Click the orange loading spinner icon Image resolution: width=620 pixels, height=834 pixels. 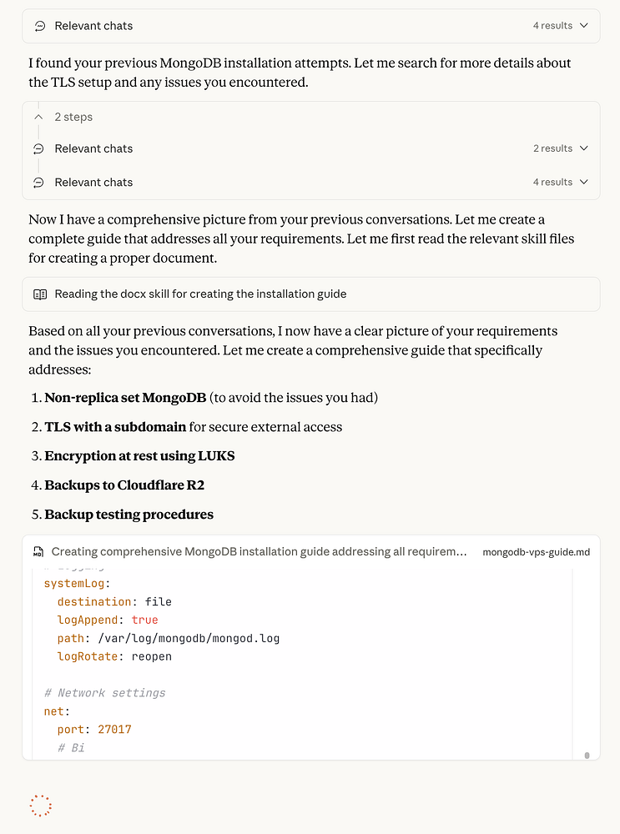click(x=40, y=805)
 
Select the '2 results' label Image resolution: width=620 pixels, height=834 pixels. click(x=552, y=148)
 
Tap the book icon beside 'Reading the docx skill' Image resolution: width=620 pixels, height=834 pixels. click(x=40, y=294)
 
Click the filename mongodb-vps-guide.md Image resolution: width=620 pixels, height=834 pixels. click(x=536, y=552)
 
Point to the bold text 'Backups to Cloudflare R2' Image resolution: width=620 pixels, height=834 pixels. click(x=124, y=485)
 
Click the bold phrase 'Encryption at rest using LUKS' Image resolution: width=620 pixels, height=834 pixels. click(x=139, y=456)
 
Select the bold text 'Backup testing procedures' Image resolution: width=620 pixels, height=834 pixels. click(x=129, y=515)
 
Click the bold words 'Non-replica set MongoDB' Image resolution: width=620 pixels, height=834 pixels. click(x=125, y=398)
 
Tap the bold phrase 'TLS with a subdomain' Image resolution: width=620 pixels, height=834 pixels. click(x=115, y=427)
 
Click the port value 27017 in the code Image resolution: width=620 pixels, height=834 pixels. click(x=114, y=730)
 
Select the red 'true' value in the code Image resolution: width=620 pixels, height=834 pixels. click(x=144, y=620)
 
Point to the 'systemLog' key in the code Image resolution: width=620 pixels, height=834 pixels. click(x=74, y=583)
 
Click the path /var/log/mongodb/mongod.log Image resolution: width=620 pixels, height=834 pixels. click(x=188, y=638)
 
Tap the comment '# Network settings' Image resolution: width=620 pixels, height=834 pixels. click(x=104, y=693)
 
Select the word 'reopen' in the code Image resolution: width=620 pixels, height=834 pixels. click(x=151, y=656)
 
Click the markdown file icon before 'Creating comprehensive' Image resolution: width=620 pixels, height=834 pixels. click(x=38, y=552)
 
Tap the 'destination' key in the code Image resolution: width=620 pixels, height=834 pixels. click(x=94, y=601)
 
